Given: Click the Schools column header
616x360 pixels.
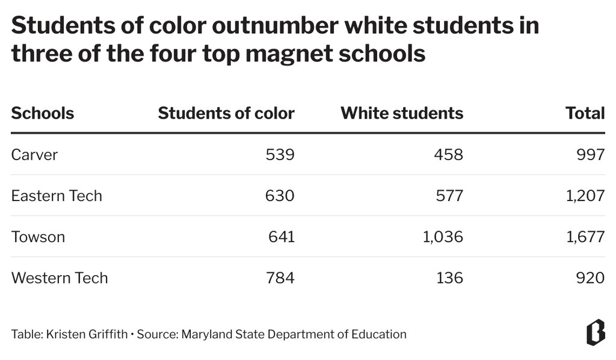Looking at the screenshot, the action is (x=43, y=113).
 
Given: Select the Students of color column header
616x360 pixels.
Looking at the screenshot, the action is (x=226, y=113).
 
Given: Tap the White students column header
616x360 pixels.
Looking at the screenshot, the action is (x=402, y=113).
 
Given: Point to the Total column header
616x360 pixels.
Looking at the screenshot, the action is (x=585, y=113).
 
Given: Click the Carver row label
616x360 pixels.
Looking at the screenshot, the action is (x=34, y=155).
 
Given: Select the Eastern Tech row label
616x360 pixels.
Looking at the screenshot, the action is (x=57, y=196).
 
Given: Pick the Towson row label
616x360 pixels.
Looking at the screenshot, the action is (x=38, y=237).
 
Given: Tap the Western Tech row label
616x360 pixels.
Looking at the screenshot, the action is (x=60, y=278).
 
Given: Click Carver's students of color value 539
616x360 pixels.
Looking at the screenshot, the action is (x=280, y=155).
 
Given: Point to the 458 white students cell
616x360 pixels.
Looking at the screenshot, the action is (x=449, y=155).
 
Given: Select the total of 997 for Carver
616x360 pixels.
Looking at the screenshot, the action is (x=591, y=155).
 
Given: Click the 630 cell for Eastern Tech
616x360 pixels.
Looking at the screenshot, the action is (x=280, y=196).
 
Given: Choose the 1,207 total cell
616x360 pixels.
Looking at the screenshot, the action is (x=585, y=196).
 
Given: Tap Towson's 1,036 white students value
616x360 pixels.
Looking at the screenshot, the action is (x=443, y=237).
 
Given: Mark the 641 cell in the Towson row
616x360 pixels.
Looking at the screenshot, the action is (x=282, y=237).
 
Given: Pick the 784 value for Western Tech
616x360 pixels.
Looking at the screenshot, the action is (x=280, y=278).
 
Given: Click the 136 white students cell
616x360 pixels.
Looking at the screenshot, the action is (x=450, y=278).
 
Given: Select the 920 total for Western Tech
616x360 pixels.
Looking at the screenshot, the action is (x=591, y=278).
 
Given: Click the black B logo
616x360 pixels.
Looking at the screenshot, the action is (x=596, y=332).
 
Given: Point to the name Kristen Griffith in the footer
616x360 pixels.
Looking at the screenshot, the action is (x=87, y=334).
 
